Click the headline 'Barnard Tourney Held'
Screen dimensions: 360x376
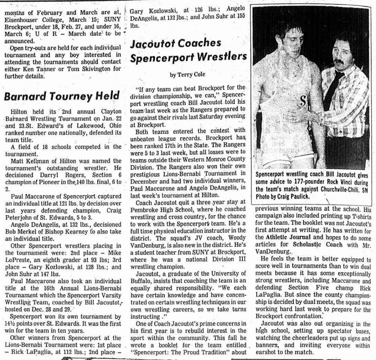pos(62,96)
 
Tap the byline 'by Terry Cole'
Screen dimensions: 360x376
pos(187,75)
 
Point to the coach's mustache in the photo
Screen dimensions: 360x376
pos(339,61)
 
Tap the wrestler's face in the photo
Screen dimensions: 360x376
pos(292,41)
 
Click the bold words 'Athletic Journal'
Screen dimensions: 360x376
pos(287,237)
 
